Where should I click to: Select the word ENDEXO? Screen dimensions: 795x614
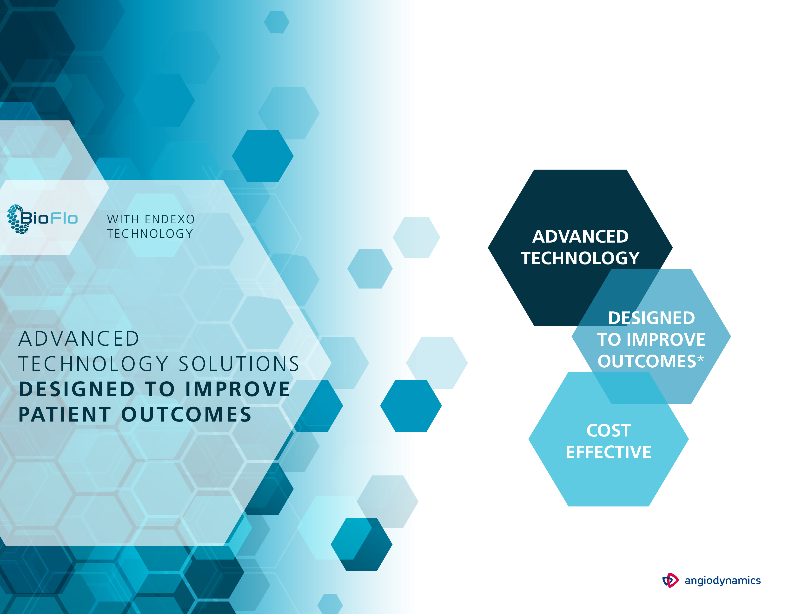point(170,219)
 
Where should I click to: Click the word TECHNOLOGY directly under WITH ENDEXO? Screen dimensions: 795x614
point(150,234)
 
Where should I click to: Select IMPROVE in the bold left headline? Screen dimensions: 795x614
point(238,389)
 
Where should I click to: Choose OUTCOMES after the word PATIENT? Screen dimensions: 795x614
point(186,415)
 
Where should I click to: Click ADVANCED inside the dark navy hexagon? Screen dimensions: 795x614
point(580,237)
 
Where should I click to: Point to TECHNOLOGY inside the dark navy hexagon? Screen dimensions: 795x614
point(580,258)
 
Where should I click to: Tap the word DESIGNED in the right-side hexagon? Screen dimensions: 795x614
point(652,318)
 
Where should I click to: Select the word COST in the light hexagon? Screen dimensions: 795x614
point(609,430)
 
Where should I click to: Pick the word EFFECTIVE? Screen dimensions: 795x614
point(609,452)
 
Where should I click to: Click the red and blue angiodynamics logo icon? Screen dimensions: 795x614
point(670,580)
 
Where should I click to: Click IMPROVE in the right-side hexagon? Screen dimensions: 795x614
point(666,340)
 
